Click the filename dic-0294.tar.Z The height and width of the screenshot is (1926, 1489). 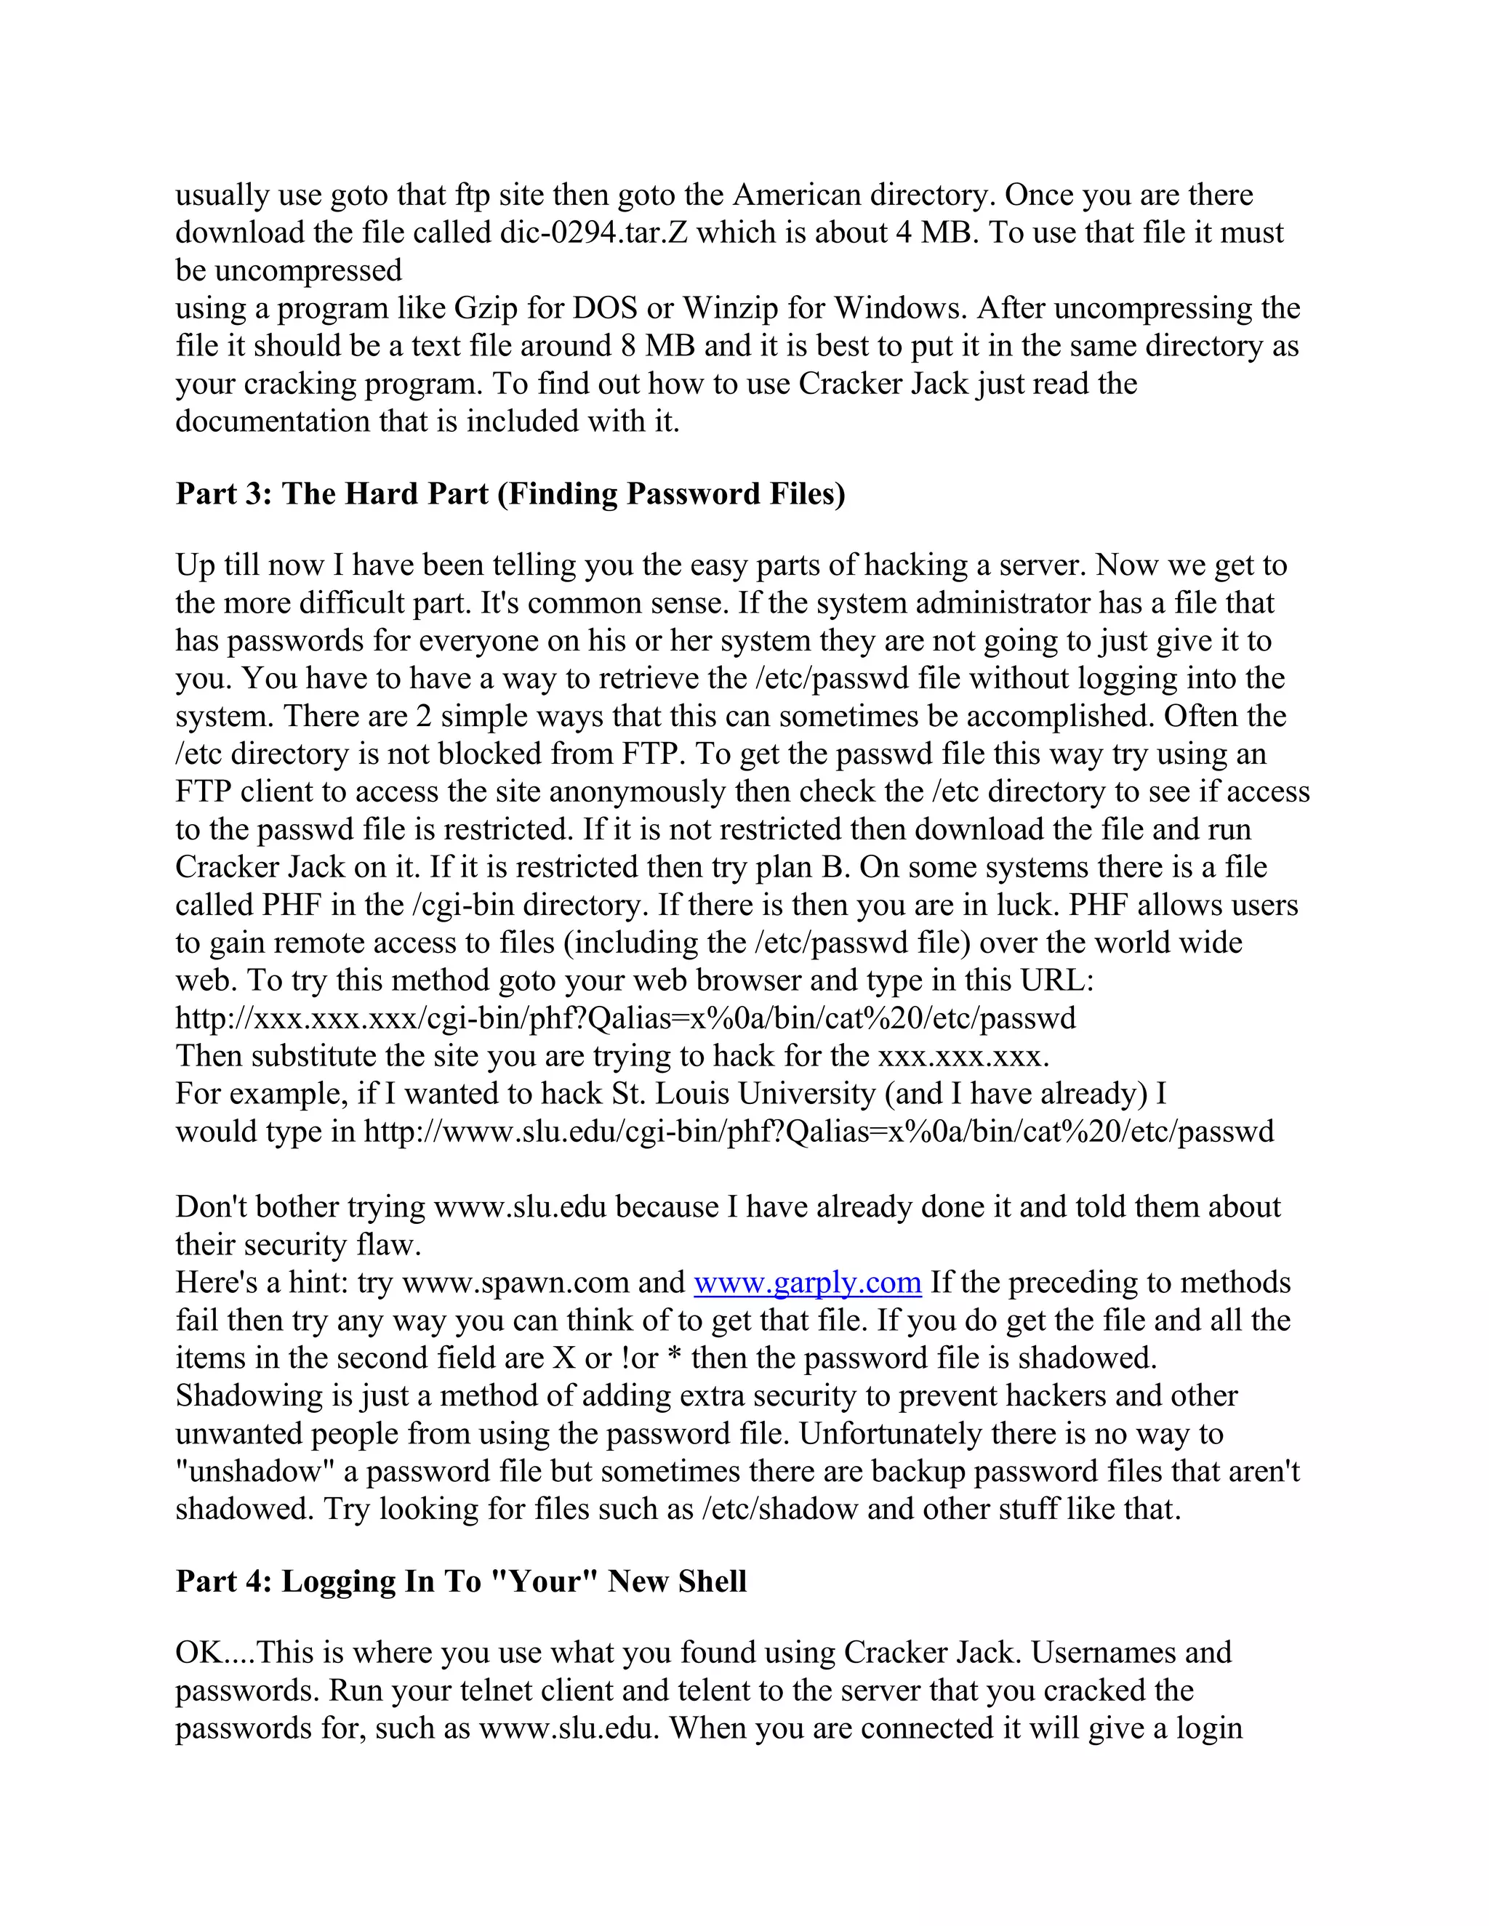click(x=594, y=233)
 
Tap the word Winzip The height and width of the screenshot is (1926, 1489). click(x=732, y=309)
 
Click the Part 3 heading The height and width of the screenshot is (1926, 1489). click(x=510, y=493)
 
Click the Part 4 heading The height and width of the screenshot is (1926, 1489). click(x=460, y=1582)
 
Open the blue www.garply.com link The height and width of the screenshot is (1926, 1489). click(x=807, y=1282)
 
